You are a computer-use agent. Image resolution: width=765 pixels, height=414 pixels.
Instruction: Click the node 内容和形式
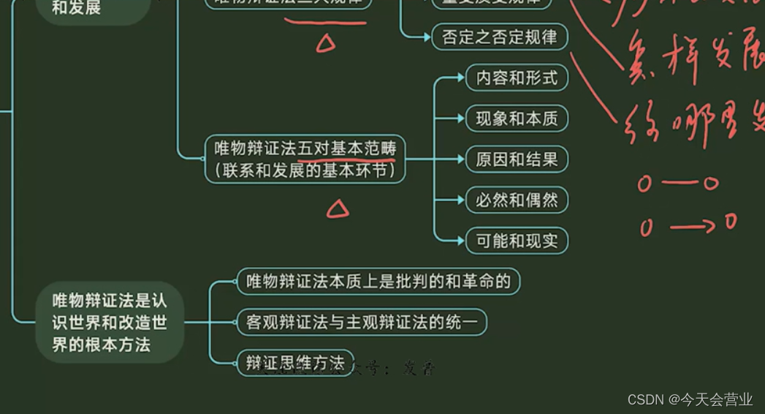pos(517,78)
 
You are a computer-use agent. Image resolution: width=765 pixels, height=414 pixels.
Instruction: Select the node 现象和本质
pos(517,118)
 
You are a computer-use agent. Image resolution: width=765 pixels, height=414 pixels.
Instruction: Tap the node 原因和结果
pos(517,159)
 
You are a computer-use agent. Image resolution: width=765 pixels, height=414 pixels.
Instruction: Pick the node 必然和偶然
pos(517,200)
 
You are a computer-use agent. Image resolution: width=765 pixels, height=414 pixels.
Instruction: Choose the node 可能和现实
pos(517,241)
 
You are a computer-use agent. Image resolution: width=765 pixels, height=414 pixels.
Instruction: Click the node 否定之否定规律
pos(500,37)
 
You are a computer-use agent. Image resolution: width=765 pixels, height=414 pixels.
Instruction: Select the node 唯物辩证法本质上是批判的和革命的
pos(378,282)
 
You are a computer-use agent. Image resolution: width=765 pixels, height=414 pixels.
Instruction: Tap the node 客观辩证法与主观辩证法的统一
pos(362,322)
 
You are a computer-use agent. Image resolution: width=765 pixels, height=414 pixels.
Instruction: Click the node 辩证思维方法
pos(295,362)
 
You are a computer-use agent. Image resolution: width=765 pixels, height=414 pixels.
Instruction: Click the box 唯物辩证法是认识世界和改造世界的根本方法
pos(110,323)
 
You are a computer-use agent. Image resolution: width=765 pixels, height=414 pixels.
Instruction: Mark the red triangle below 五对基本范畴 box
pos(337,211)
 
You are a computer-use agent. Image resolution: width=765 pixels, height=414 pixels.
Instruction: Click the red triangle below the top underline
pos(326,43)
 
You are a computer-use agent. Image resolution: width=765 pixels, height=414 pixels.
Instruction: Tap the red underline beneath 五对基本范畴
pos(346,157)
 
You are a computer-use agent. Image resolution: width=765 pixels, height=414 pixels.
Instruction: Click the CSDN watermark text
pos(644,399)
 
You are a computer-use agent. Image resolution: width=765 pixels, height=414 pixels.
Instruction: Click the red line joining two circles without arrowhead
pos(677,183)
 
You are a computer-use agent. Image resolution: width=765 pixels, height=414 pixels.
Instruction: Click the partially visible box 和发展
pos(77,9)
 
